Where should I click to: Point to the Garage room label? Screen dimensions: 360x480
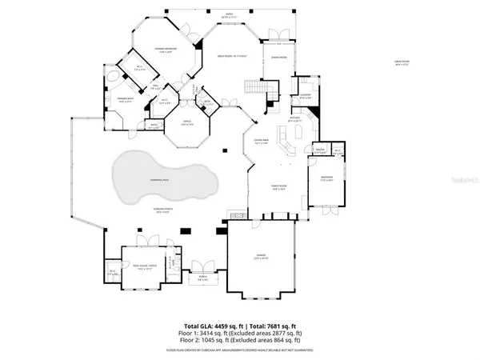(x=261, y=258)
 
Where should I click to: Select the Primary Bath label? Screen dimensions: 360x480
(x=111, y=99)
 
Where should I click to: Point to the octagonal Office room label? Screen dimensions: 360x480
(x=186, y=123)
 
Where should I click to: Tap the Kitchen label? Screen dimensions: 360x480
(x=294, y=119)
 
